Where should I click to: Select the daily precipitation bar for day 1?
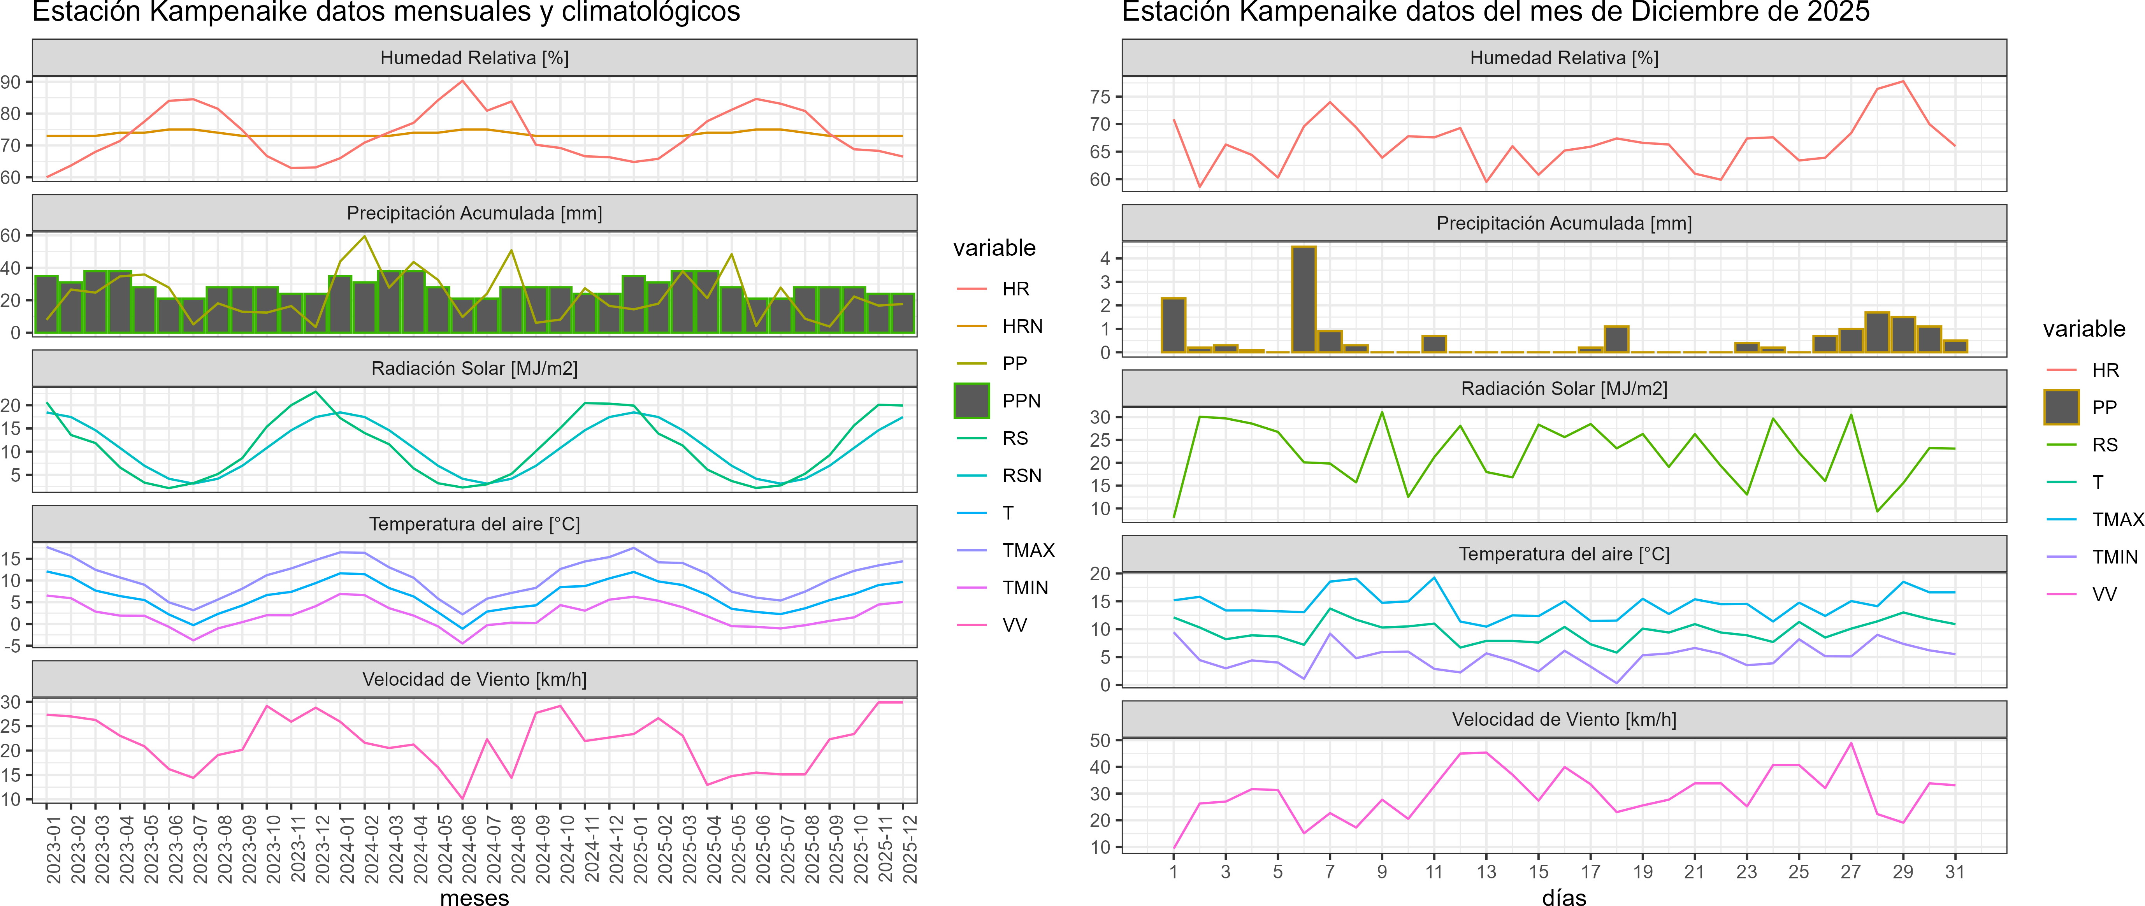click(1173, 325)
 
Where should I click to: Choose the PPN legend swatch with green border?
click(971, 400)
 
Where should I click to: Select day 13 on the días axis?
click(1486, 872)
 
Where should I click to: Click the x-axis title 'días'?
click(1564, 897)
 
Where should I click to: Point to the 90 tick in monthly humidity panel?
click(11, 82)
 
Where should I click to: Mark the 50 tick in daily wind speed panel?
click(1100, 740)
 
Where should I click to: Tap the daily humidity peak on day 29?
click(1903, 82)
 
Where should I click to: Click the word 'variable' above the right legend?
click(2084, 329)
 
